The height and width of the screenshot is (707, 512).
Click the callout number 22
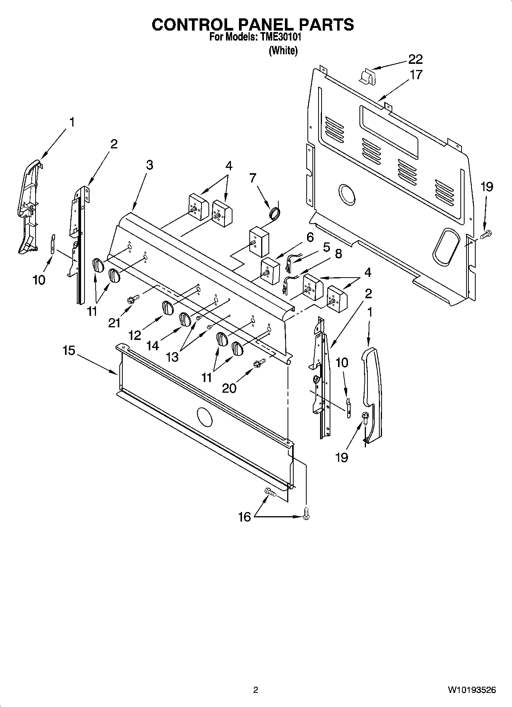point(415,59)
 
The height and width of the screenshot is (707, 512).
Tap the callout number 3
point(149,165)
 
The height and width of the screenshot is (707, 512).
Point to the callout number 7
point(252,178)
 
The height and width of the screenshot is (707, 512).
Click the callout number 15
point(69,351)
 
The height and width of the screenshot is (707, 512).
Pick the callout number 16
point(244,517)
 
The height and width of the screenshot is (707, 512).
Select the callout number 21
point(114,323)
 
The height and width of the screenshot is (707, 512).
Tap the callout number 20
point(229,388)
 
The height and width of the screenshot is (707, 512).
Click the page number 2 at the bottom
point(256,690)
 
